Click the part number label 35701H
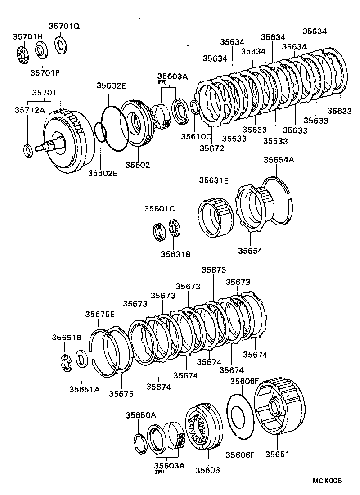pyautogui.click(x=27, y=36)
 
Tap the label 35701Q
pyautogui.click(x=64, y=26)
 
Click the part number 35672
pyautogui.click(x=211, y=148)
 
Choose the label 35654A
pyautogui.click(x=279, y=160)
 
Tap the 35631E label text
pyautogui.click(x=214, y=180)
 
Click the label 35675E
pyautogui.click(x=100, y=315)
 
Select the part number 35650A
pyautogui.click(x=140, y=415)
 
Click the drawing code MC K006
pyautogui.click(x=327, y=481)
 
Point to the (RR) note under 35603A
pyautogui.click(x=159, y=472)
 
